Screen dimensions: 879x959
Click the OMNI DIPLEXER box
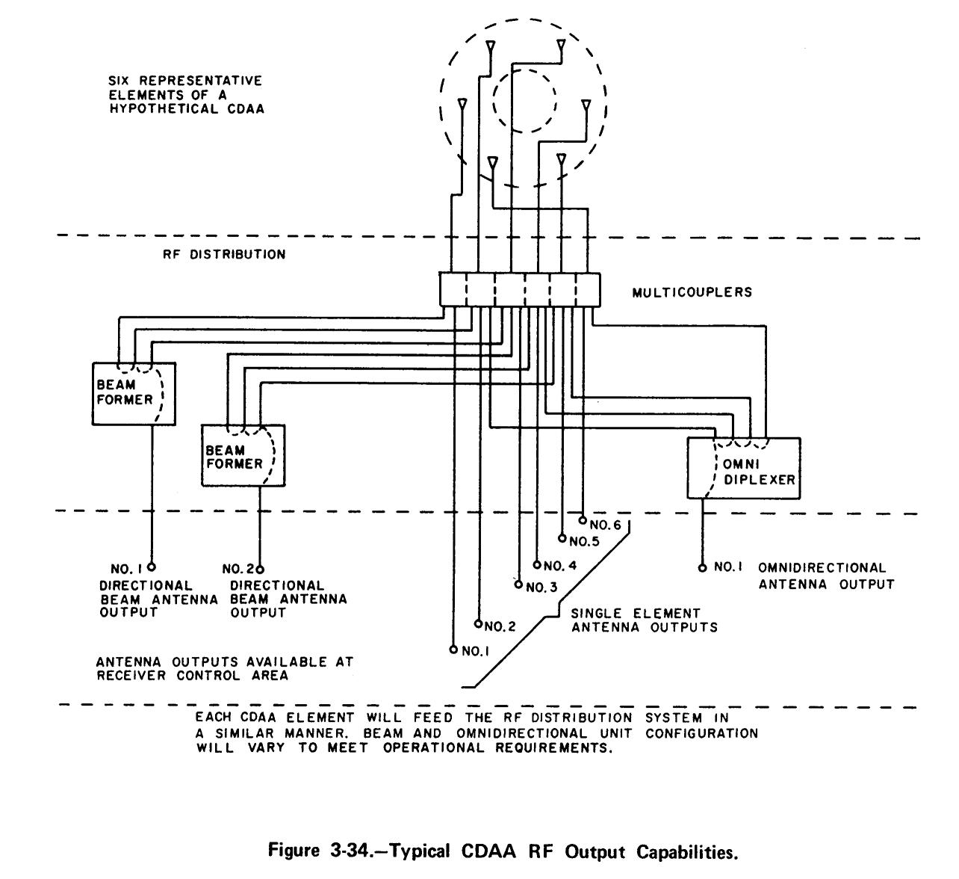(743, 469)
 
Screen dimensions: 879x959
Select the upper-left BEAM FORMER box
(134, 394)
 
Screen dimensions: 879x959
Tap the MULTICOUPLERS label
(692, 292)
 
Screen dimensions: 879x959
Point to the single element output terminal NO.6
(583, 519)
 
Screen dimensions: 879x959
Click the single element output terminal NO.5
(562, 537)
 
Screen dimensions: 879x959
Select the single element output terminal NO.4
(536, 564)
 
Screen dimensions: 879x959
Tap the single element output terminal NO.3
(518, 584)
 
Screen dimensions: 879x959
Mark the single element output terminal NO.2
(478, 622)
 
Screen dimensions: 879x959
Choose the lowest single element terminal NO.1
(453, 650)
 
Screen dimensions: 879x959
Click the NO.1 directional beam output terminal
(152, 567)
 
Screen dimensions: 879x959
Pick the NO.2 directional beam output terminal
(260, 569)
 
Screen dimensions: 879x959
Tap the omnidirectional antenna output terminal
(702, 567)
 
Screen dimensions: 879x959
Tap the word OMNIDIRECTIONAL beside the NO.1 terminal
(822, 568)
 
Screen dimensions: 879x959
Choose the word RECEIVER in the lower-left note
(128, 676)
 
